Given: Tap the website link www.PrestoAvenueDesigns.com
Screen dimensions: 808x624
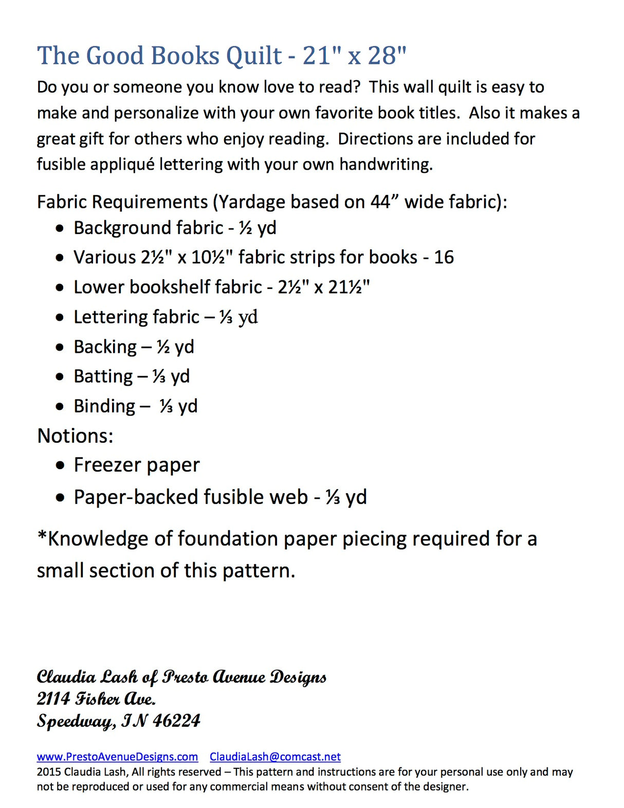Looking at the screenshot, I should point(117,757).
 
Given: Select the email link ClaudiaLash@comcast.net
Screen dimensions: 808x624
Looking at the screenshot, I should point(275,757).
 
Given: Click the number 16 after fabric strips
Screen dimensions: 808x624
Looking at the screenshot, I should point(444,257).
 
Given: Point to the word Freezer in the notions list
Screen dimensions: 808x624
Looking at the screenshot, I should point(104,465).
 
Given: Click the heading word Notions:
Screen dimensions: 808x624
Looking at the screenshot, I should point(75,436).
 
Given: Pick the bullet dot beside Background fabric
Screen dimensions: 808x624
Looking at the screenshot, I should point(60,228).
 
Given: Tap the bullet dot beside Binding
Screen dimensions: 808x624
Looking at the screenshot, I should point(60,406).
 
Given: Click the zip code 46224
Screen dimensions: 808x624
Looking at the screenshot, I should point(176,721).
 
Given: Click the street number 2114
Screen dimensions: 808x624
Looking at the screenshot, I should point(53,698).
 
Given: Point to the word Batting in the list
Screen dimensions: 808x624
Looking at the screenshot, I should point(103,376).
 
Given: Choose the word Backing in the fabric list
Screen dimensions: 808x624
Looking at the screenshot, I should point(105,347).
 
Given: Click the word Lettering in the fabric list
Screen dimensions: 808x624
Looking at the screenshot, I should point(112,317).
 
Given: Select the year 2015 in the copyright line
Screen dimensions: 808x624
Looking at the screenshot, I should point(49,772).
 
